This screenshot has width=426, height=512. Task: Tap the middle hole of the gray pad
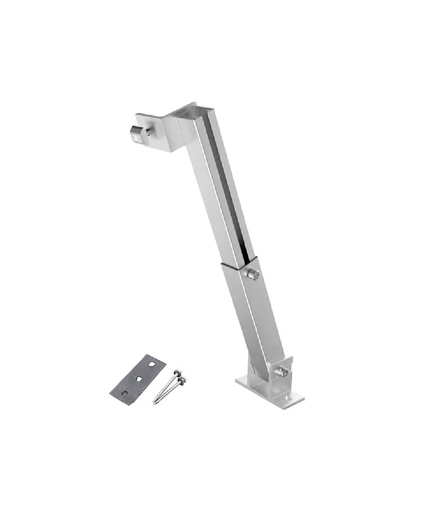pos(139,378)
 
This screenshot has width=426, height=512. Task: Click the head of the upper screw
pos(176,372)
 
